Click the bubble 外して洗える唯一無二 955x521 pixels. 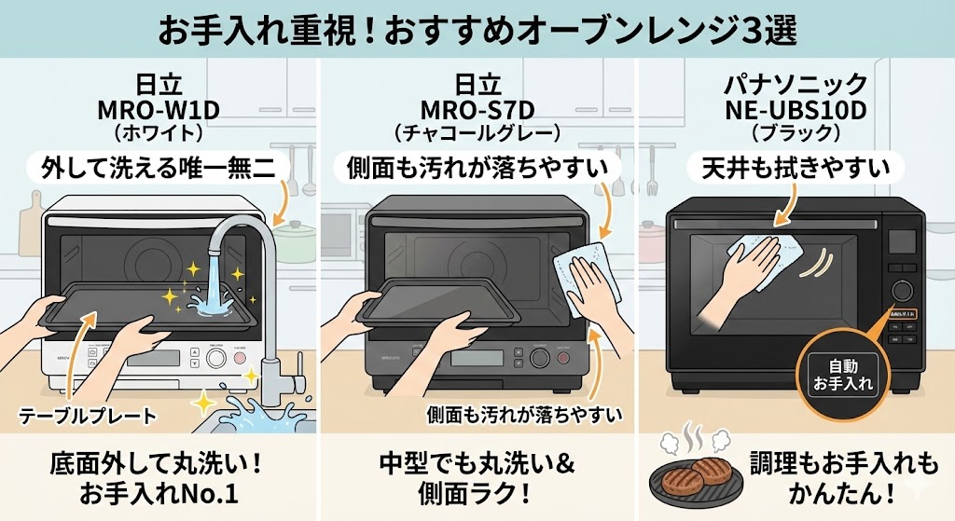pyautogui.click(x=159, y=168)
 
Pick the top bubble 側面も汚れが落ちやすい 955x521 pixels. pyautogui.click(x=477, y=168)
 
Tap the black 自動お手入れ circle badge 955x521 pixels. pyautogui.click(x=839, y=375)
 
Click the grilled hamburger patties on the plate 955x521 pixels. pyautogui.click(x=695, y=473)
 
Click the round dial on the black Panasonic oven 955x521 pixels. pyautogui.click(x=901, y=290)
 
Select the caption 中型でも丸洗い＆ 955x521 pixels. pyautogui.click(x=477, y=462)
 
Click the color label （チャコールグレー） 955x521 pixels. pyautogui.click(x=477, y=132)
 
